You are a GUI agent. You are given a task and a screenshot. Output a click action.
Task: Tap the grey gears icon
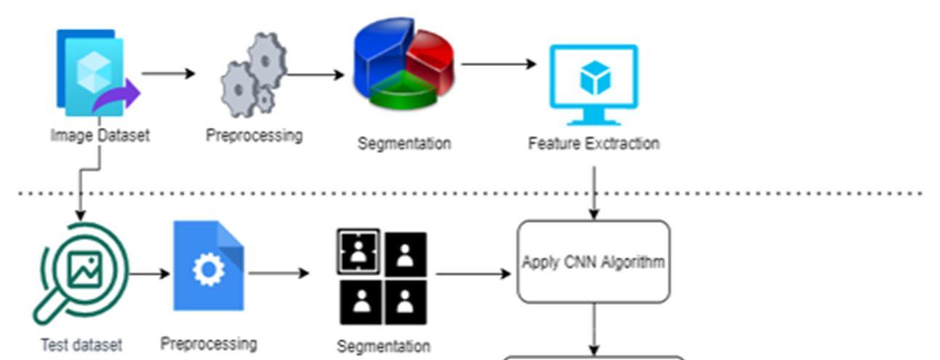254,76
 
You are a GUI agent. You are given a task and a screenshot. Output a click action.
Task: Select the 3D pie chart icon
403,64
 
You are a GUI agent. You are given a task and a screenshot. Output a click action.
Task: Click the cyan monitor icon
593,84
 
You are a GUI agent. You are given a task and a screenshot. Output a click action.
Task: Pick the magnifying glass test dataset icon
81,273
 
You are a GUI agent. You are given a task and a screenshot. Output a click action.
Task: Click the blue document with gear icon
209,266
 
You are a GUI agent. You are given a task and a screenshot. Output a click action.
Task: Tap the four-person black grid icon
382,277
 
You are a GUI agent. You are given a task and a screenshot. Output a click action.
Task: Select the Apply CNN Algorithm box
593,262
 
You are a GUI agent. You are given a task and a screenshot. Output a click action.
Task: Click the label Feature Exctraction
593,143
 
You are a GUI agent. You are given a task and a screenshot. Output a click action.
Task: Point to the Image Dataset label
100,135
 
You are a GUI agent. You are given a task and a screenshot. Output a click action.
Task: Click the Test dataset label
81,345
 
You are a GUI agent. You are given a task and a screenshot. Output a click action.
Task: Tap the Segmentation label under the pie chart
403,143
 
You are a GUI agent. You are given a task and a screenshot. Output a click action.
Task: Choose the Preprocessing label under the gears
254,135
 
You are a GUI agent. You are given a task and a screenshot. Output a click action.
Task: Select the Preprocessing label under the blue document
209,343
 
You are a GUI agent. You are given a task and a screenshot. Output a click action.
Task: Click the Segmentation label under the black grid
383,346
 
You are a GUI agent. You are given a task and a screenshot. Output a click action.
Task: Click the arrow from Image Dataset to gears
168,73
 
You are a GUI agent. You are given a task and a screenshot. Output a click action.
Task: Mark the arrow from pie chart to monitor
498,64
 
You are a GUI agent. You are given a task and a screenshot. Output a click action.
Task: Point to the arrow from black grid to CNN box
473,274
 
